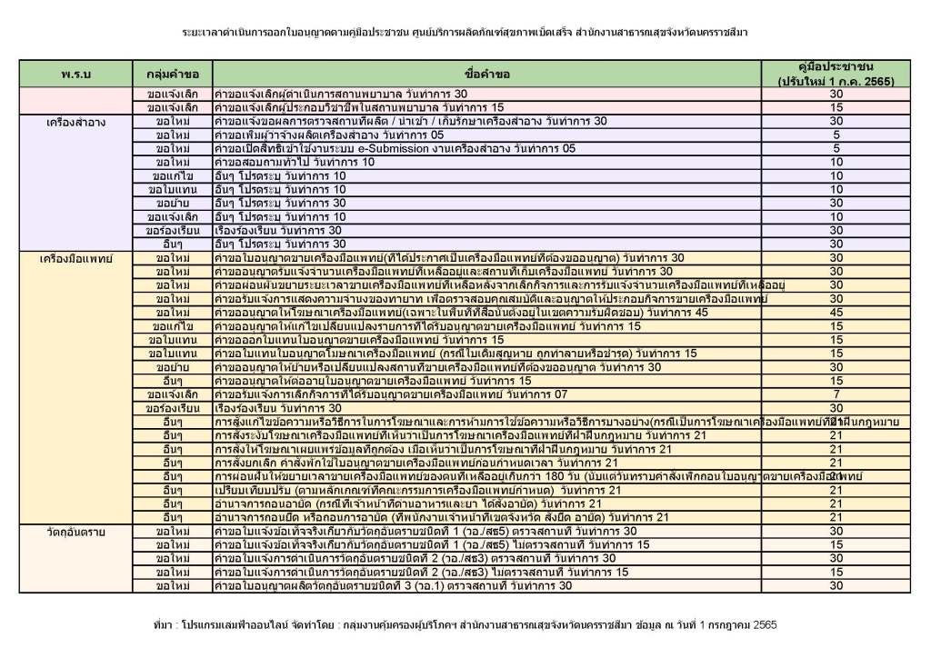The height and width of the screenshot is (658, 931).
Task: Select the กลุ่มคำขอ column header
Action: pyautogui.click(x=173, y=73)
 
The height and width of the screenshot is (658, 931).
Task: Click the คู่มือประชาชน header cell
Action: pyautogui.click(x=836, y=74)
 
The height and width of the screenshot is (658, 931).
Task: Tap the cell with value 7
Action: pyautogui.click(x=836, y=394)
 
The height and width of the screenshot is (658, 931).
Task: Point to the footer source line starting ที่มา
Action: pyautogui.click(x=465, y=626)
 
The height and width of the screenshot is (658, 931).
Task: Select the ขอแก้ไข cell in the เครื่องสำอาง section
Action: pyautogui.click(x=173, y=175)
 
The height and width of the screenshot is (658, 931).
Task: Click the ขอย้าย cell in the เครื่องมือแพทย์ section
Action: pyautogui.click(x=173, y=367)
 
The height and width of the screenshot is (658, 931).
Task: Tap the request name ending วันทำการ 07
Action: pyautogui.click(x=391, y=394)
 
